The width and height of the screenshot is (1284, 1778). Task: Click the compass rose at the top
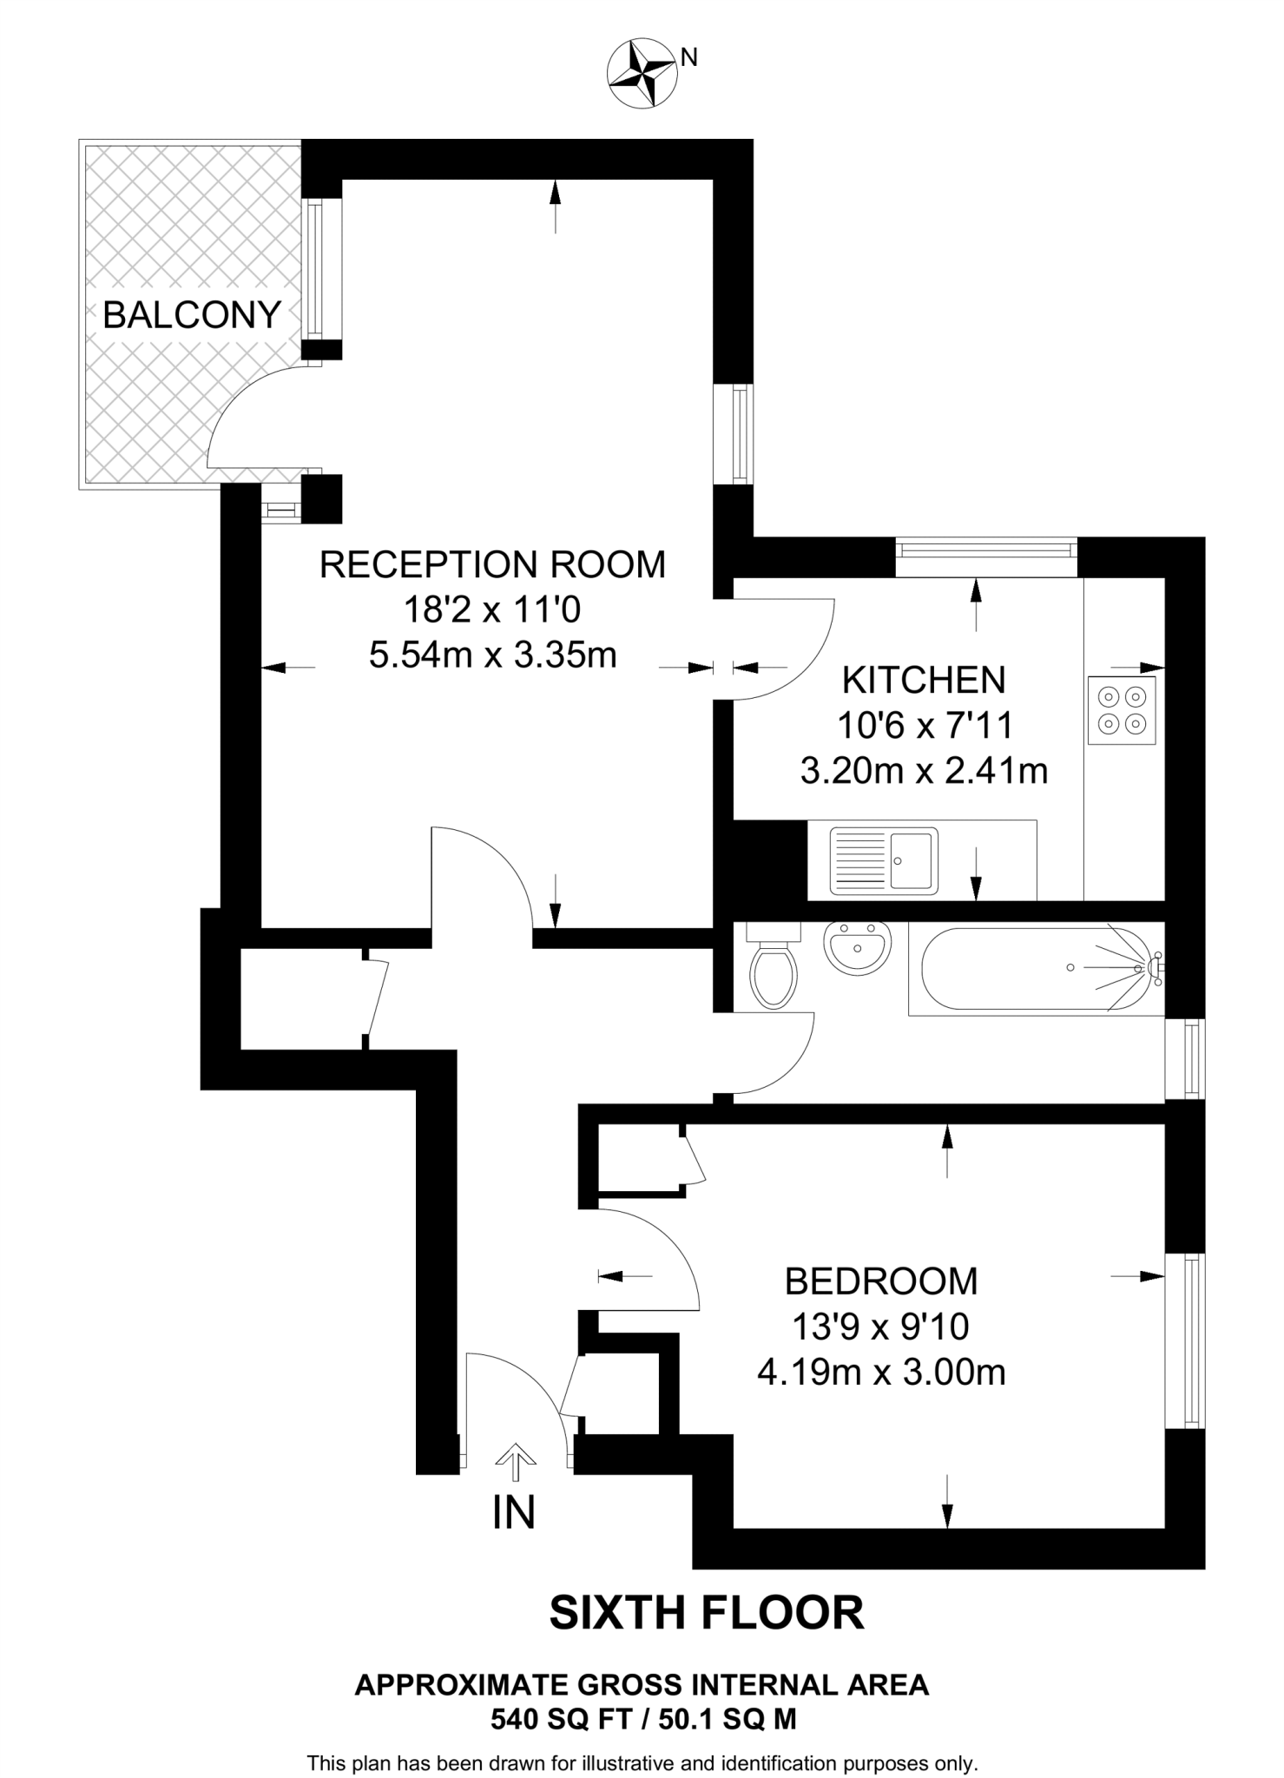(642, 73)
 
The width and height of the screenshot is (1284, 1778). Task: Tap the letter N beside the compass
(688, 57)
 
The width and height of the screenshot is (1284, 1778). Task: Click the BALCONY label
(192, 314)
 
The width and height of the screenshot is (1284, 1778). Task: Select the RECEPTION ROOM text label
(492, 564)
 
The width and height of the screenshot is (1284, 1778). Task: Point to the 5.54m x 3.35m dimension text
(492, 655)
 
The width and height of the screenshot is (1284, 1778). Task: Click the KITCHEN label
(924, 680)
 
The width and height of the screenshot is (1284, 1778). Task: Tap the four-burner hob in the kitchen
(1122, 710)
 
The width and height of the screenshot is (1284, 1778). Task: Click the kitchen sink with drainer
(884, 860)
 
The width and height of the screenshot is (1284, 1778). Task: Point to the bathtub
(1037, 968)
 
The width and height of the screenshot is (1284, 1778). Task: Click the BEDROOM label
(881, 1281)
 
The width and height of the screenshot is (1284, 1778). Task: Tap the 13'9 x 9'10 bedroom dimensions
(881, 1327)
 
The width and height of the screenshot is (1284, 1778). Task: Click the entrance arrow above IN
(516, 1461)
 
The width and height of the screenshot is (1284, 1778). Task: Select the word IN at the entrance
(514, 1512)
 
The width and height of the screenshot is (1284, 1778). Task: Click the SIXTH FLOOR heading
(707, 1613)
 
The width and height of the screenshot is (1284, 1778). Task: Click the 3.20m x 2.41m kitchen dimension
(924, 770)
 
